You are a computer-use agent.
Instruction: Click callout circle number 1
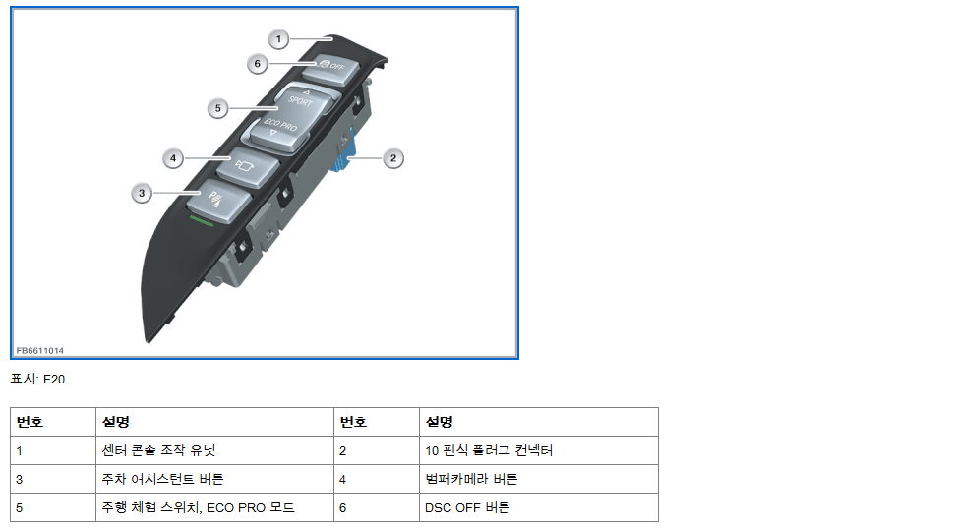point(279,39)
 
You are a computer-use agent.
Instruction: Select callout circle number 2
point(392,157)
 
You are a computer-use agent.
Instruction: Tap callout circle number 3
point(142,194)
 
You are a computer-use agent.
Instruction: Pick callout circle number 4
point(172,157)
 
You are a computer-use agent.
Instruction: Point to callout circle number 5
point(218,107)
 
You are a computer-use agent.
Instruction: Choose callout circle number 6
point(257,63)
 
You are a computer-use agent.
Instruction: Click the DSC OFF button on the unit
point(324,69)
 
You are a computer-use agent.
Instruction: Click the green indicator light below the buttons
point(201,221)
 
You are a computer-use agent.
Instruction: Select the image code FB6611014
point(40,350)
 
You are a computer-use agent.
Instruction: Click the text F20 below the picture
point(55,379)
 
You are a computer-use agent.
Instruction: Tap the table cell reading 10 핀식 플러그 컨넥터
point(489,450)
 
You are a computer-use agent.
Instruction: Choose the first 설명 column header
point(115,422)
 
